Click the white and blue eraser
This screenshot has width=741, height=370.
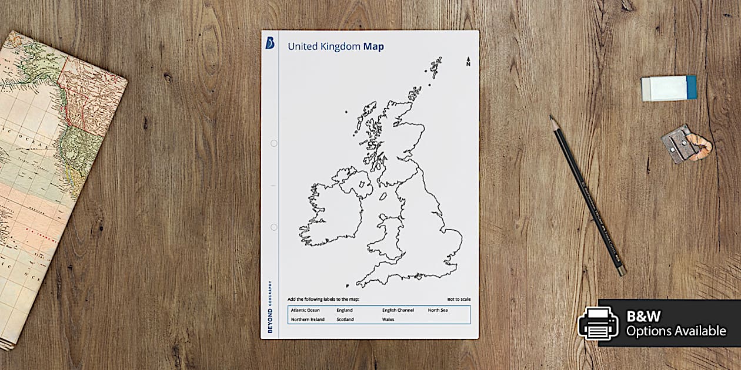[x=669, y=88]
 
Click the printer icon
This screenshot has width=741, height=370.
[x=598, y=324]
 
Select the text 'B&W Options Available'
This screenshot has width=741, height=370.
[x=676, y=324]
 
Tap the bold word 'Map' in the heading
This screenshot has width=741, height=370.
[x=373, y=46]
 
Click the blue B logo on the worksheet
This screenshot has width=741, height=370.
[x=270, y=43]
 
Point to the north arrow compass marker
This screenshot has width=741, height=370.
[x=468, y=62]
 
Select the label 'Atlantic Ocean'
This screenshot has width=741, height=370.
[x=305, y=310]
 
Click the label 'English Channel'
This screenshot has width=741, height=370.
[x=398, y=310]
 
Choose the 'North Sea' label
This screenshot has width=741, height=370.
[x=438, y=310]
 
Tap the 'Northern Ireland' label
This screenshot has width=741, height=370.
[x=308, y=319]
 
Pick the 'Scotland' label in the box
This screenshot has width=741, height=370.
[x=345, y=319]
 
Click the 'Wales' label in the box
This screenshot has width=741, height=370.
[x=388, y=319]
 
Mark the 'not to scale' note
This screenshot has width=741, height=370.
[x=459, y=300]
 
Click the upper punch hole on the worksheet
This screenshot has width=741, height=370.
[x=273, y=143]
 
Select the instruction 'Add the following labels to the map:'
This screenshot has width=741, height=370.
[x=323, y=300]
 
